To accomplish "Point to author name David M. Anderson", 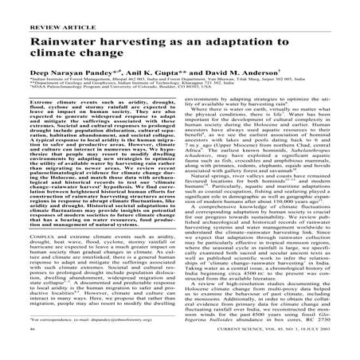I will (257, 72).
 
